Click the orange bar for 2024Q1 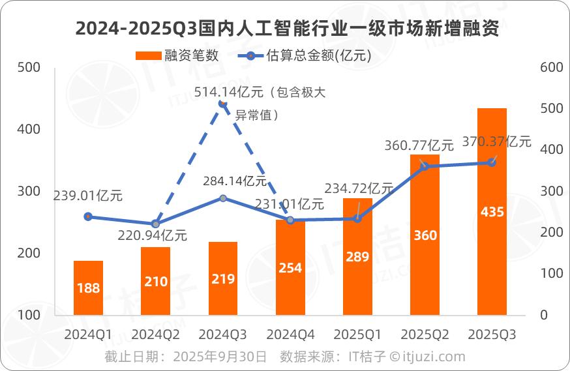pyautogui.click(x=88, y=288)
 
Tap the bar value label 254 pyautogui.click(x=290, y=268)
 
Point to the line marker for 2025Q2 pyautogui.click(x=425, y=166)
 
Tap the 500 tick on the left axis pyautogui.click(x=29, y=67)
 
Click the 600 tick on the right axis pyautogui.click(x=552, y=67)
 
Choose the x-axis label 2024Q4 pyautogui.click(x=290, y=334)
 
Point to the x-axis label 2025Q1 pyautogui.click(x=357, y=334)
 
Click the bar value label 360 pyautogui.click(x=425, y=235)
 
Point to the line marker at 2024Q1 pyautogui.click(x=88, y=216)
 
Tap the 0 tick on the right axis pyautogui.click(x=544, y=315)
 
